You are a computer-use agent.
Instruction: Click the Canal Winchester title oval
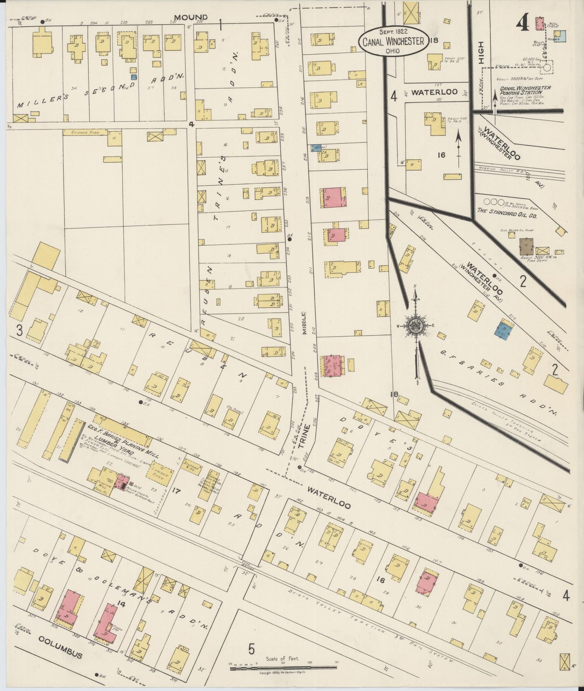click(393, 40)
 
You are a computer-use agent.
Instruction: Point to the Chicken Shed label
click(82, 132)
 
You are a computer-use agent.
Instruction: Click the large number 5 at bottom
click(251, 649)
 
